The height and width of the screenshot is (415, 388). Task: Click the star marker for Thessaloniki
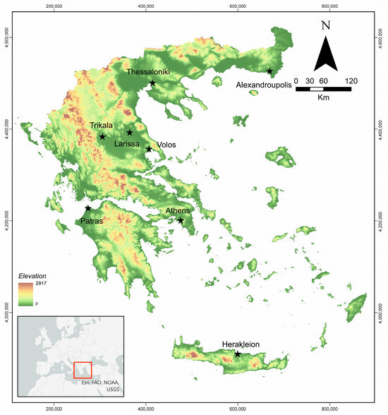pos(153,83)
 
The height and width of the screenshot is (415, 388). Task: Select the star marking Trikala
pos(103,137)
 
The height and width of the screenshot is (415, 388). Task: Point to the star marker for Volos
pos(149,149)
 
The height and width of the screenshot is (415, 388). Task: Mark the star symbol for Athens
pos(181,221)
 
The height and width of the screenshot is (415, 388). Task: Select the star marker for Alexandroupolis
pos(270,71)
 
